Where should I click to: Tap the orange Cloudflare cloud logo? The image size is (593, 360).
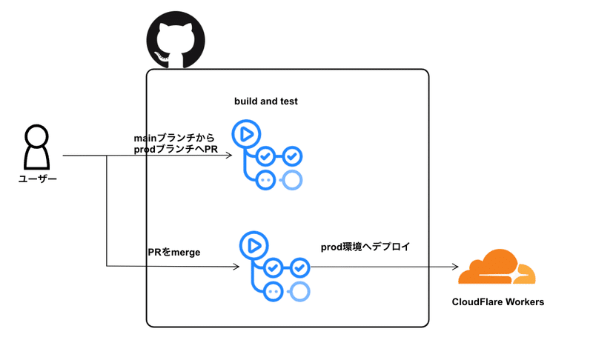pos(496,267)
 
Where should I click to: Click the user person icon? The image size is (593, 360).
pos(37,148)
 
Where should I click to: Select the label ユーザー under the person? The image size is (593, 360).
pos(37,180)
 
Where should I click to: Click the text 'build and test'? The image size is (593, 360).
pos(266,101)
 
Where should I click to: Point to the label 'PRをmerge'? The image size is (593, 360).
pos(174,253)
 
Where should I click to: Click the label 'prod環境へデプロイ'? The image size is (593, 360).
pos(365,246)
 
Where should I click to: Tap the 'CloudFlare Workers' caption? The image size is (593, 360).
pos(498,302)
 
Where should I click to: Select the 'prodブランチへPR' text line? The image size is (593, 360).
pos(176,150)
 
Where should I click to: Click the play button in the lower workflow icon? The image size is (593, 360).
pos(252,244)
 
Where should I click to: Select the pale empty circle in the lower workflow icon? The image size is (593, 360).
pos(299,291)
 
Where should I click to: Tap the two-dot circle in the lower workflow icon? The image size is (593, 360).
pos(273,291)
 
